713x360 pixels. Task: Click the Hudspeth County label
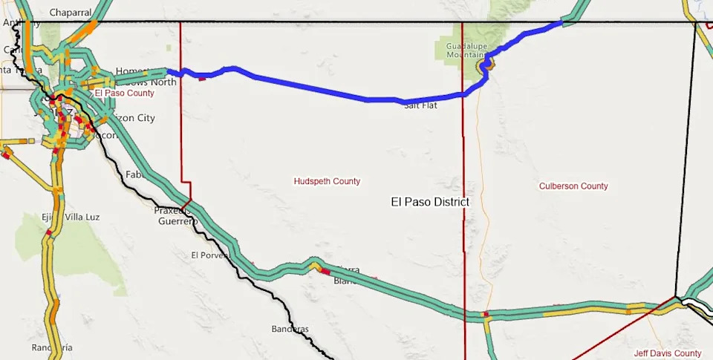(x=327, y=181)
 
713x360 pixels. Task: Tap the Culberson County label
(x=573, y=186)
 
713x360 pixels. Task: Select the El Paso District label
(x=430, y=202)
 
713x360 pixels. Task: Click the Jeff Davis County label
(x=668, y=354)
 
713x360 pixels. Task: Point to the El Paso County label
(x=124, y=94)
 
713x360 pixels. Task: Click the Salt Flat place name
(x=420, y=105)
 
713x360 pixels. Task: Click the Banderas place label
(x=290, y=328)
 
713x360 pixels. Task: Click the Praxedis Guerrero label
(x=175, y=215)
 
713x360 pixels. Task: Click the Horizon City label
(x=134, y=118)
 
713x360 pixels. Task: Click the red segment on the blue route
(x=201, y=77)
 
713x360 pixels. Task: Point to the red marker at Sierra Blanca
(x=325, y=272)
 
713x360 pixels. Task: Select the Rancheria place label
(x=52, y=347)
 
